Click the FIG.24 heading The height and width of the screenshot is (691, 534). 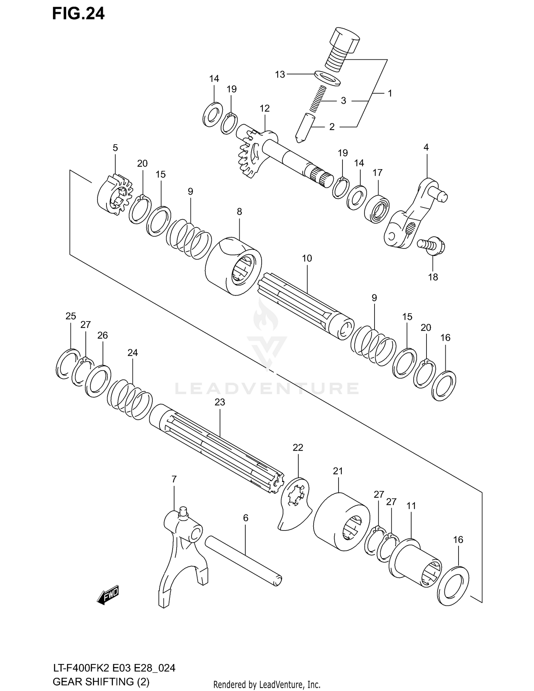click(78, 14)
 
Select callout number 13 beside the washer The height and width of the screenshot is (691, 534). click(280, 74)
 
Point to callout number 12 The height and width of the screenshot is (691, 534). click(265, 108)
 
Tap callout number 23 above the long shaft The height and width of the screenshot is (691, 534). click(220, 402)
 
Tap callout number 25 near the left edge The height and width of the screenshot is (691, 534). click(71, 316)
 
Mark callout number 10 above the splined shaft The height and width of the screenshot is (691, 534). click(307, 258)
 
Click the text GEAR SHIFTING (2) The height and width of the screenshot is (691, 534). click(101, 682)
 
